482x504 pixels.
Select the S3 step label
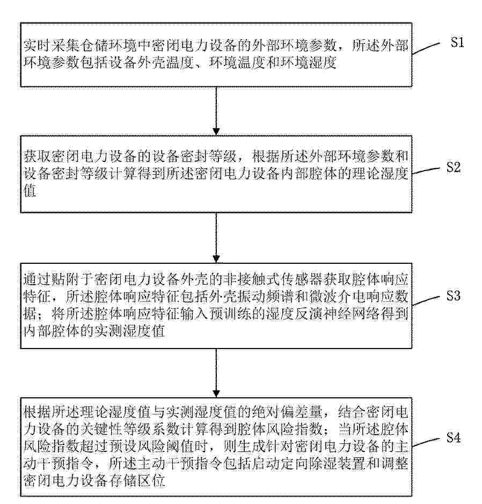(454, 296)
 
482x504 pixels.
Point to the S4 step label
(454, 438)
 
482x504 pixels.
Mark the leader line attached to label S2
(426, 173)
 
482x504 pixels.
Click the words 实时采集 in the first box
(47, 46)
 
